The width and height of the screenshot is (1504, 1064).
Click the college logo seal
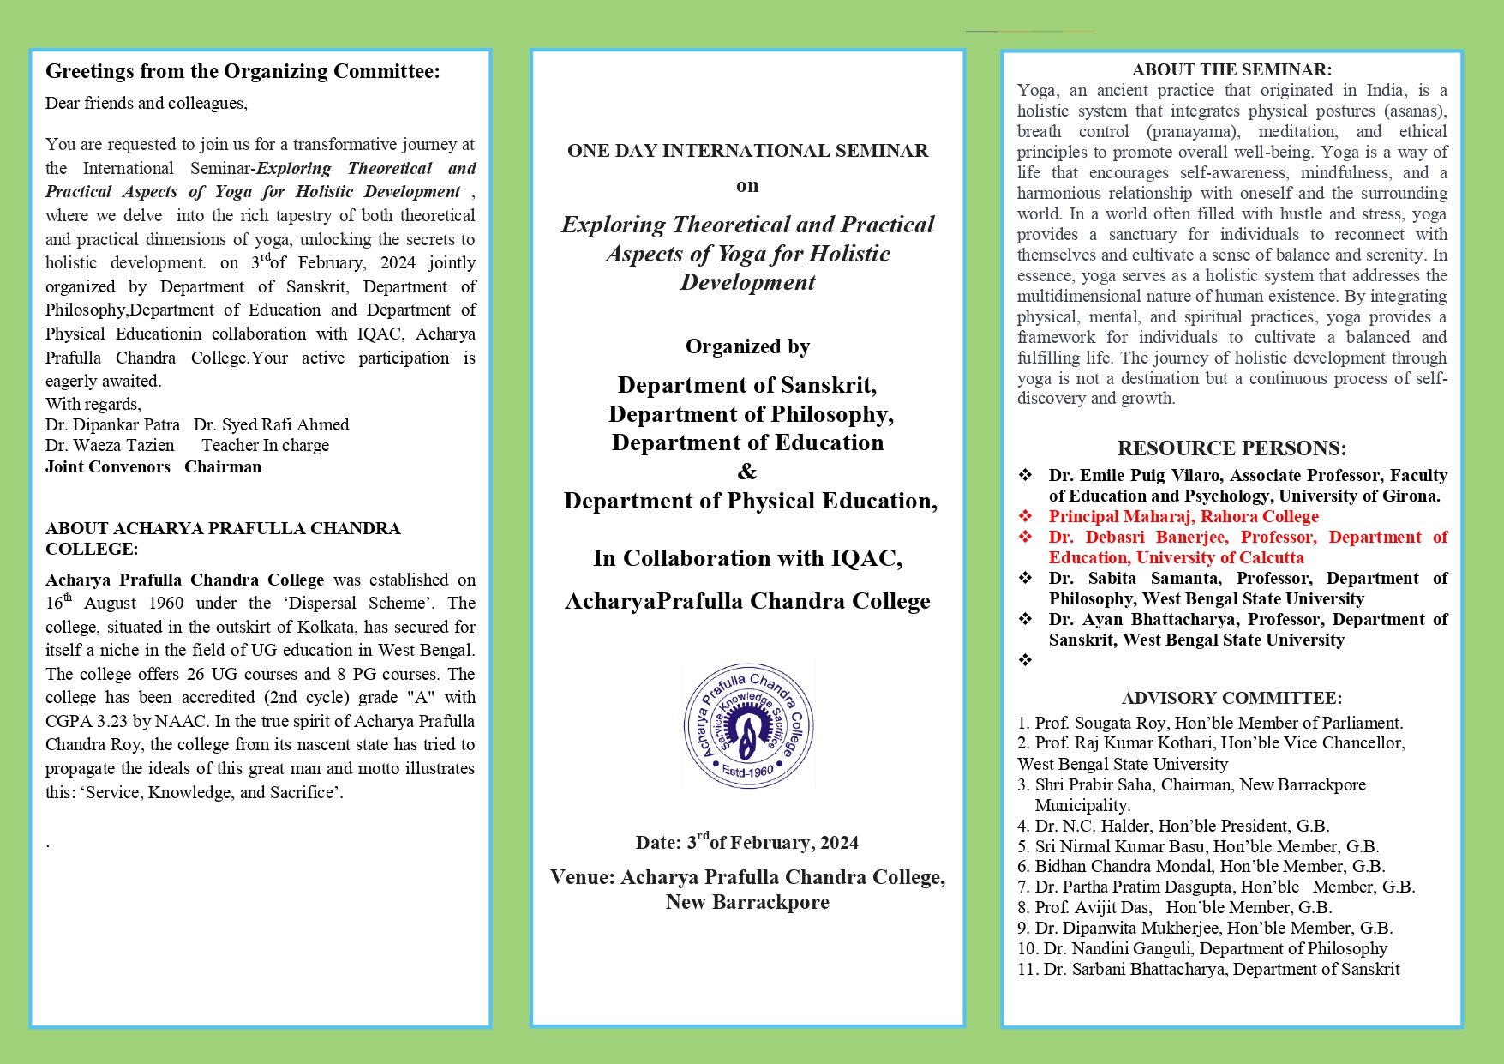click(x=748, y=725)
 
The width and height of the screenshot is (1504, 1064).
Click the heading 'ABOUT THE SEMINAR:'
click(x=1231, y=70)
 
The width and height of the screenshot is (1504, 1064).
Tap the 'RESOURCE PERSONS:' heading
click(x=1231, y=448)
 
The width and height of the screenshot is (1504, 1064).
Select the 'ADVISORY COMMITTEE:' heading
click(x=1231, y=698)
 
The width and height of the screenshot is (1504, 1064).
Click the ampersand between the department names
click(x=747, y=472)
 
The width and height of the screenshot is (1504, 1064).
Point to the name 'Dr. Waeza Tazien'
click(x=110, y=446)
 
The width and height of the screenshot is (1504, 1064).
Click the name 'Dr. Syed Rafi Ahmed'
click(x=271, y=424)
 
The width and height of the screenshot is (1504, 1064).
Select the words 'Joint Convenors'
click(x=108, y=467)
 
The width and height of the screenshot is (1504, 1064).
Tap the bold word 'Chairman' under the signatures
click(x=223, y=467)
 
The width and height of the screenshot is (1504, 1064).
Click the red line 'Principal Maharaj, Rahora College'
click(x=1183, y=517)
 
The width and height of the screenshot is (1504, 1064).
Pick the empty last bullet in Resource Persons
click(x=1025, y=660)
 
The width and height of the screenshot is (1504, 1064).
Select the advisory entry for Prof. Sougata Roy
click(x=1210, y=723)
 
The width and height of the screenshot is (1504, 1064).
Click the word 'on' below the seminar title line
click(x=747, y=186)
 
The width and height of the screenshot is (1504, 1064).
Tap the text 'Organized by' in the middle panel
click(x=747, y=346)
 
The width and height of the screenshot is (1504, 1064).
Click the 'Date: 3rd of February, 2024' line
click(x=747, y=842)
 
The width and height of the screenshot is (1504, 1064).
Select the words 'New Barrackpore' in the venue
click(x=747, y=902)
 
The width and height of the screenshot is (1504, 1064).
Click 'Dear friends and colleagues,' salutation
click(x=147, y=104)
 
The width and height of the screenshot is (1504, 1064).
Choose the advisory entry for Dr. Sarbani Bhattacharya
click(x=1208, y=969)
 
